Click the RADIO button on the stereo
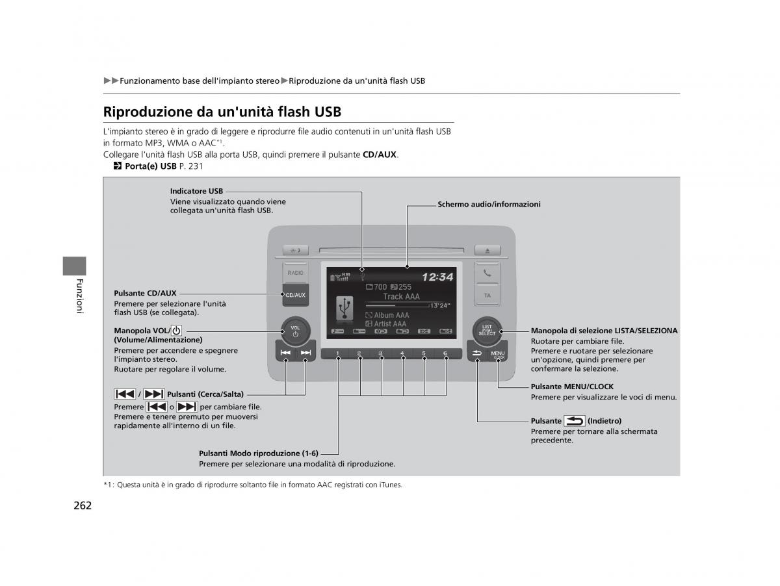click(x=294, y=273)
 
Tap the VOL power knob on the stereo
click(x=295, y=330)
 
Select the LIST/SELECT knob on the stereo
click(x=487, y=330)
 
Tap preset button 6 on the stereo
click(x=445, y=354)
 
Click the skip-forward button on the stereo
click(x=305, y=353)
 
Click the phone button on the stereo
click(x=487, y=274)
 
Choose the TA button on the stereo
click(x=487, y=295)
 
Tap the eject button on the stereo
click(x=487, y=249)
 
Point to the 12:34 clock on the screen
click(x=437, y=277)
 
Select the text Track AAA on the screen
click(x=401, y=297)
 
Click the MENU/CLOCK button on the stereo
click(x=498, y=355)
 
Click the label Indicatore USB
click(x=196, y=191)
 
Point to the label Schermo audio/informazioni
click(x=489, y=204)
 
